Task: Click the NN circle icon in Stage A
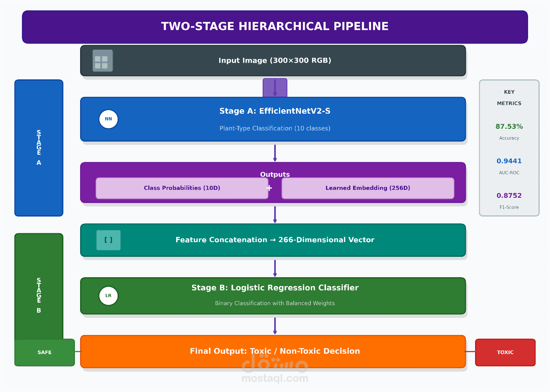click(x=108, y=119)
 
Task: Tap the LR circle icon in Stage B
click(x=108, y=296)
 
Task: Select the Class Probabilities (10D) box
click(x=182, y=188)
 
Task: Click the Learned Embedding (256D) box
click(x=367, y=188)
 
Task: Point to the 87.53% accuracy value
click(x=509, y=126)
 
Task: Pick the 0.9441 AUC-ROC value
click(x=509, y=161)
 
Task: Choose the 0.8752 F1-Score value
click(x=509, y=196)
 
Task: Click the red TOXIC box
click(x=505, y=353)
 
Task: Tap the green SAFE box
click(x=45, y=353)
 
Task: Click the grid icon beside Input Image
click(x=102, y=61)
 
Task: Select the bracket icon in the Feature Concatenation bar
click(x=108, y=240)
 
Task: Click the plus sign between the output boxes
click(x=269, y=188)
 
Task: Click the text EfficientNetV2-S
click(x=295, y=111)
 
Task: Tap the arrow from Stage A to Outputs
click(x=275, y=153)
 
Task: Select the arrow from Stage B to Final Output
click(x=275, y=325)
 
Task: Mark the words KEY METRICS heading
click(x=509, y=98)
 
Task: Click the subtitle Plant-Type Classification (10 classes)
click(x=275, y=128)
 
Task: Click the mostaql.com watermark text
click(x=275, y=378)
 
